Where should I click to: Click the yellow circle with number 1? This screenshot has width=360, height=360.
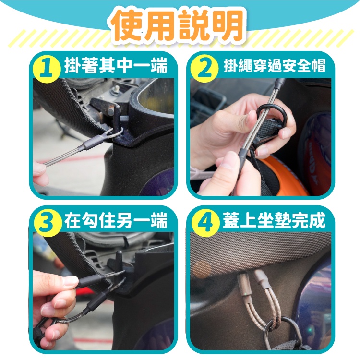click(47, 69)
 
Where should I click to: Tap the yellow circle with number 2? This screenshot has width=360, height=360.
click(204, 68)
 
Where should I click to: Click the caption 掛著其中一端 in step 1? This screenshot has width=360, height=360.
click(116, 65)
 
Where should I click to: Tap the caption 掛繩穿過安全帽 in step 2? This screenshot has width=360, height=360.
click(275, 66)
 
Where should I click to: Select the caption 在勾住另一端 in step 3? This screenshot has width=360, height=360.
click(116, 220)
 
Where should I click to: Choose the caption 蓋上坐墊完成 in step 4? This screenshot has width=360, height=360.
click(274, 220)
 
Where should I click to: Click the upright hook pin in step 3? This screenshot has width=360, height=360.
click(119, 261)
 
